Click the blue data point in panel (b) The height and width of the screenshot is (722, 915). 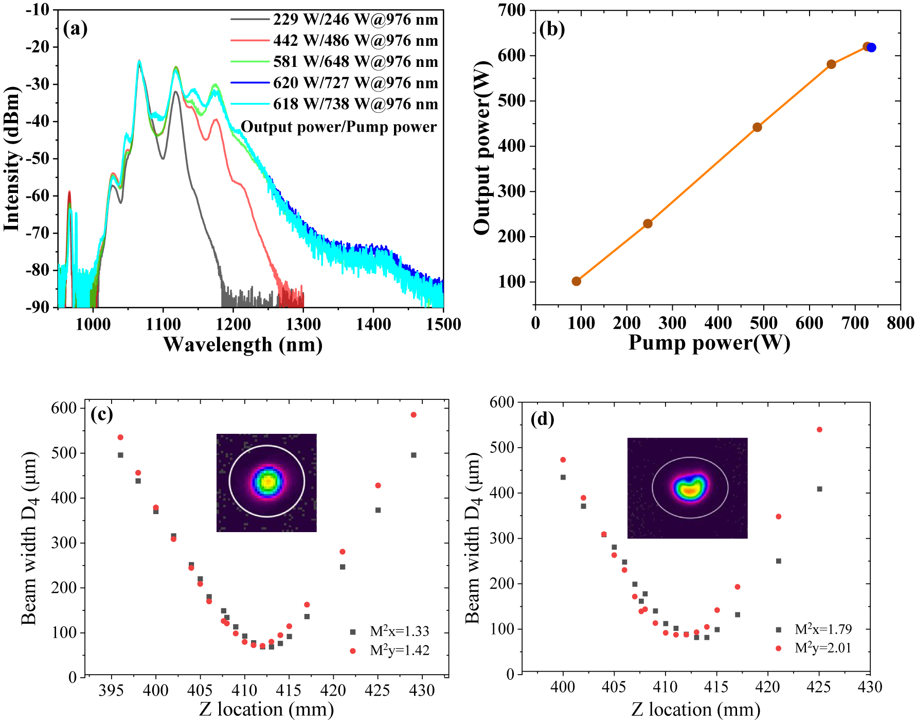871,48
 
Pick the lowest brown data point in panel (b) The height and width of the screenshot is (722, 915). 577,281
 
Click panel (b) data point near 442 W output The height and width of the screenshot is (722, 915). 757,127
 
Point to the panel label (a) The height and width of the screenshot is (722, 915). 75,28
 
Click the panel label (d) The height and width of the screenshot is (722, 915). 542,419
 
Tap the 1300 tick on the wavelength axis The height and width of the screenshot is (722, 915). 303,324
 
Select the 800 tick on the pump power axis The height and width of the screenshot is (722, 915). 901,323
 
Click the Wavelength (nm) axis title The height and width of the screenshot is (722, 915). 243,344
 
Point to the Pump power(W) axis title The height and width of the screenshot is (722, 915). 709,342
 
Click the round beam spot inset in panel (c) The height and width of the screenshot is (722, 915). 267,482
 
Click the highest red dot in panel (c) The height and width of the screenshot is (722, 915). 414,415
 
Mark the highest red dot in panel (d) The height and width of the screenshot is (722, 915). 819,430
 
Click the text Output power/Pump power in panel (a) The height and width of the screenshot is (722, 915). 338,127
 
